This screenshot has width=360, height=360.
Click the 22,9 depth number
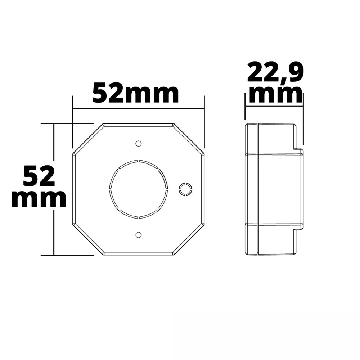point(275,73)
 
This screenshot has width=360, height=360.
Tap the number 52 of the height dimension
point(39,175)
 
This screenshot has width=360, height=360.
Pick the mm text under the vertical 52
point(39,199)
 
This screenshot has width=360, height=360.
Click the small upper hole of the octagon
point(138,144)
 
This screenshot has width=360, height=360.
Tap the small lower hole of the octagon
point(138,235)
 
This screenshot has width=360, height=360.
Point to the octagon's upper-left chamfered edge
point(88,139)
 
